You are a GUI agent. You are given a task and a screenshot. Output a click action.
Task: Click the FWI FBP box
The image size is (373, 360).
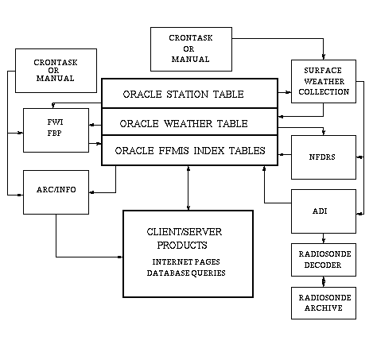tap(56, 130)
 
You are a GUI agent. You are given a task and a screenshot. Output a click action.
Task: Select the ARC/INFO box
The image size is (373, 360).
tap(56, 192)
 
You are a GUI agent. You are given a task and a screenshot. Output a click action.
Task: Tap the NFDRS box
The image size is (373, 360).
tap(324, 157)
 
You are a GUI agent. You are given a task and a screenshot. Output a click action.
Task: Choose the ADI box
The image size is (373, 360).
tap(324, 211)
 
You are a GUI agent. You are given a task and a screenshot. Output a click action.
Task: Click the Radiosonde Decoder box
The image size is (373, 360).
tap(324, 260)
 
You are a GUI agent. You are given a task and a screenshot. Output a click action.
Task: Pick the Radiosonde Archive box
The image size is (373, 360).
tap(324, 303)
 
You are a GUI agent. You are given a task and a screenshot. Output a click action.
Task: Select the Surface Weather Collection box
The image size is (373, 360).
tap(324, 81)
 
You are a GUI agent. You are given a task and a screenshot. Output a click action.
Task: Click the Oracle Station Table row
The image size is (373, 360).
tap(189, 93)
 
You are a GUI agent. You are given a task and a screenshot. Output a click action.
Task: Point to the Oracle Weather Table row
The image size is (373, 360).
tap(189, 122)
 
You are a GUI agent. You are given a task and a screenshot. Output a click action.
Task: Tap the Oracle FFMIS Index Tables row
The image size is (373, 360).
tap(189, 150)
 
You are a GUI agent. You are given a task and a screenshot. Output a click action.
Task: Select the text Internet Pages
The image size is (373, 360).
tap(186, 261)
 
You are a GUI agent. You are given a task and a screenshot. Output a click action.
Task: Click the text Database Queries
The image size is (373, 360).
tap(186, 273)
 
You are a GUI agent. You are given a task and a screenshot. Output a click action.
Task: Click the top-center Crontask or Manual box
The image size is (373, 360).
tap(191, 49)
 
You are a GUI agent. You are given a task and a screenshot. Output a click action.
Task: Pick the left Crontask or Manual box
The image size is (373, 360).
tap(56, 71)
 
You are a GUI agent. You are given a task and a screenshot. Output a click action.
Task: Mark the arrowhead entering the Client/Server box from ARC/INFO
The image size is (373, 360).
tap(120, 257)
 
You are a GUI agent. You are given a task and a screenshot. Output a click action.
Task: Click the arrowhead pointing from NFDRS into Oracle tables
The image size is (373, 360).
tap(281, 154)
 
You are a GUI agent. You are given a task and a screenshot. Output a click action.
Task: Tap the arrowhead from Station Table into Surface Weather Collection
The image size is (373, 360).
tap(288, 92)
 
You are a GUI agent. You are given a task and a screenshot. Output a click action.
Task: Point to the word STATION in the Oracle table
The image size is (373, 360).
tap(187, 95)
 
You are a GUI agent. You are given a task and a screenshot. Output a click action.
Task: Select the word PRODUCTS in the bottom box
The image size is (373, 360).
tap(182, 246)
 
